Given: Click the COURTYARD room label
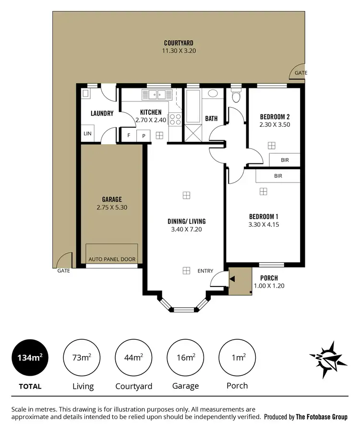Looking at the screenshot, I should pos(179,43).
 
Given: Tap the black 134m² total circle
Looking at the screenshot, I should pos(30,358).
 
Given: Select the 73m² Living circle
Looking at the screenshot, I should pos(82,358).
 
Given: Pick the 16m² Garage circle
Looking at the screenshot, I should pos(185,358).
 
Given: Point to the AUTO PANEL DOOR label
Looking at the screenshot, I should pos(112,259).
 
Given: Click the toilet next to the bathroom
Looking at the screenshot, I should pos(235,97).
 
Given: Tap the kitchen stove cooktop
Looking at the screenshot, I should pos(175,119).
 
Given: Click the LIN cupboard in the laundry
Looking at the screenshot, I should pos(87,134).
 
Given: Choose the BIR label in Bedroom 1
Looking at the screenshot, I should pos(278,176).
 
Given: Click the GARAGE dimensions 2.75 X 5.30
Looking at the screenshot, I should pos(112,208).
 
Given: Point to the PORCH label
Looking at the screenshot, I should pos(269,278).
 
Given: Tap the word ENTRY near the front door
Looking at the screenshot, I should pos(205,271).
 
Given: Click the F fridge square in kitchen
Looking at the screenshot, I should pos(129,136).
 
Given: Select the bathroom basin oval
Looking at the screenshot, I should pos(213,94).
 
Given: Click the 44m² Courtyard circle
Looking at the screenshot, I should pos(133,358).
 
